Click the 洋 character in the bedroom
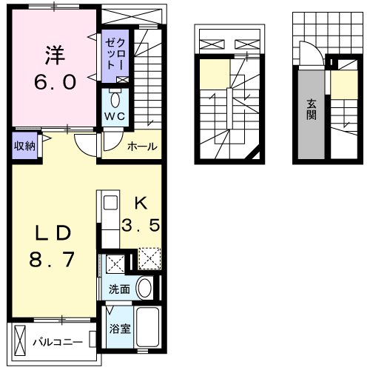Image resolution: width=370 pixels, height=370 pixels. pos(55,55)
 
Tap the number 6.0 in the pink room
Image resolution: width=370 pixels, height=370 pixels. pos(55,82)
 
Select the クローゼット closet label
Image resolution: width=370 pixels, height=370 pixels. pos(115,53)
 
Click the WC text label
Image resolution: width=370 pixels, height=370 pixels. pos(115,116)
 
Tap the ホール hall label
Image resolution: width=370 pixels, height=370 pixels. pos(142,147)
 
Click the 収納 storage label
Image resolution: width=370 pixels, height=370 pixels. pos(24,146)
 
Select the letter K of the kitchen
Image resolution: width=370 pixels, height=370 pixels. pos(141,203)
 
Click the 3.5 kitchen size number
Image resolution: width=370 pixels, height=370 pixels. pos(141,225)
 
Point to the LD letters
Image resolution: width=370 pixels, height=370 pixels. pos(53,233)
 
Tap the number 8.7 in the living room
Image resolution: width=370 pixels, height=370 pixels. pos(52,259)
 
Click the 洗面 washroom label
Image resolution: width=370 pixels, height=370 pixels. pos(119,289)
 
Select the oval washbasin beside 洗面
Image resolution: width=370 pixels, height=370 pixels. pos(144,288)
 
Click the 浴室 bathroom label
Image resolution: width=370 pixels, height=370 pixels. pos(120,329)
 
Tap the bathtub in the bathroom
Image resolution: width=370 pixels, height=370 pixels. pos(147,327)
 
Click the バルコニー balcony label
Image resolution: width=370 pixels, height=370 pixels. pos(58,343)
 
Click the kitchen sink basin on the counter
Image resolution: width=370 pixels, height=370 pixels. pos(110,203)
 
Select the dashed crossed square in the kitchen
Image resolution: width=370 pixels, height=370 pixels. pos(149,258)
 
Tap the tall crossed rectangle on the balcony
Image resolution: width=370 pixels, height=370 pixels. pos(20,340)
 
